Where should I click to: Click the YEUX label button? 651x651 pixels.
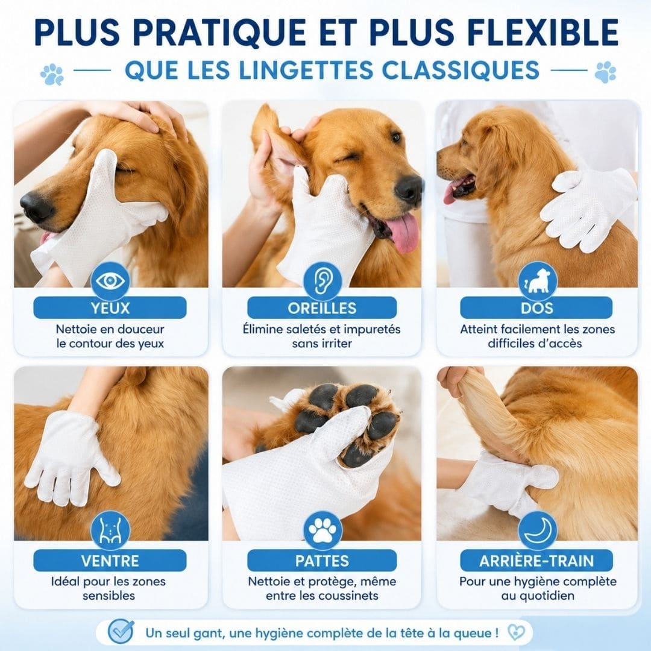110,307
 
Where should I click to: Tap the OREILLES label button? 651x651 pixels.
322,307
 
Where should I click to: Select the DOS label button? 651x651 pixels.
536,307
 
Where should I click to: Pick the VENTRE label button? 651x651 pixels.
110,561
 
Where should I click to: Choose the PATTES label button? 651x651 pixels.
322,561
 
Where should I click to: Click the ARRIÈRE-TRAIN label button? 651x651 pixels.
536,561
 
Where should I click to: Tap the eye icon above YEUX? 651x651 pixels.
110,281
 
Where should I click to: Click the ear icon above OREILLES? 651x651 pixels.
322,281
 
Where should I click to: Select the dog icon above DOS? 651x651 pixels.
538,281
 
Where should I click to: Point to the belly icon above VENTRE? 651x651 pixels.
110,530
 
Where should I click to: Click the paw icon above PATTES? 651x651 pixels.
322,530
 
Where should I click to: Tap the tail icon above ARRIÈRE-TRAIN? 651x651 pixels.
538,530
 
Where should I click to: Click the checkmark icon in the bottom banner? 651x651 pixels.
121,632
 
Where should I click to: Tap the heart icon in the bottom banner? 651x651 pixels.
516,632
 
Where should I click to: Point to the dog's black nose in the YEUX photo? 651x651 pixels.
36,207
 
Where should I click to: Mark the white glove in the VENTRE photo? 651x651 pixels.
71,457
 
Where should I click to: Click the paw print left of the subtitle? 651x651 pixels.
52,74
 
